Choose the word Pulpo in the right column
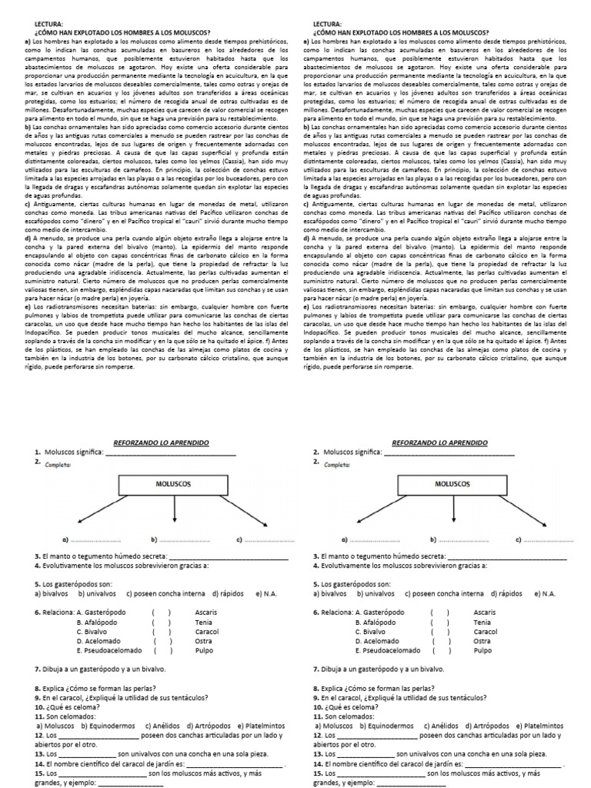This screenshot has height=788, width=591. pos(482,650)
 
